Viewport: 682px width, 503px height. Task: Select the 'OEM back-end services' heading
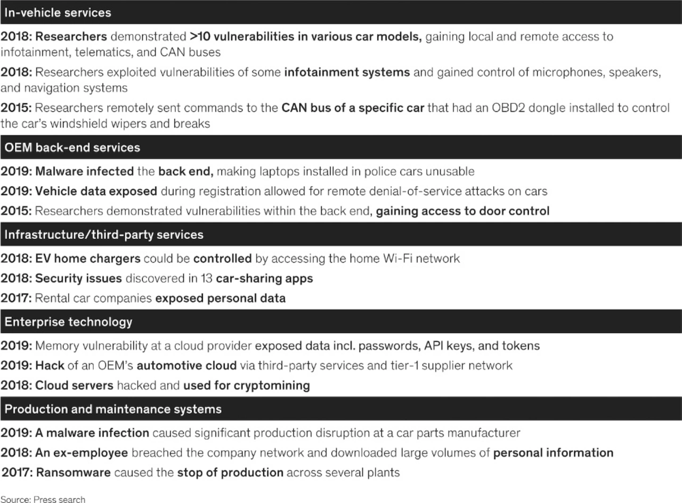pyautogui.click(x=72, y=147)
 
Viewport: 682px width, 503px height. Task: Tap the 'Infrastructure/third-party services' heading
pyautogui.click(x=104, y=234)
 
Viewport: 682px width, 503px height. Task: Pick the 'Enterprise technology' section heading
pyautogui.click(x=68, y=321)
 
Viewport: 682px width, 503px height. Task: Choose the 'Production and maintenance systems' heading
pyautogui.click(x=113, y=409)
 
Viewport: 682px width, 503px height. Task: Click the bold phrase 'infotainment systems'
pyautogui.click(x=347, y=72)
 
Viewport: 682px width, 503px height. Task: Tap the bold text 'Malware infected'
pyautogui.click(x=84, y=171)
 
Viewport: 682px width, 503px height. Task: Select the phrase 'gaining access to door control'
pyautogui.click(x=462, y=211)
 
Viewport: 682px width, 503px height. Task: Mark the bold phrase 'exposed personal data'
pyautogui.click(x=220, y=298)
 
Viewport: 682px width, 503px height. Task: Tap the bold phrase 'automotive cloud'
pyautogui.click(x=186, y=366)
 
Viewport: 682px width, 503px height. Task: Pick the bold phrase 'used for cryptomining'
pyautogui.click(x=246, y=385)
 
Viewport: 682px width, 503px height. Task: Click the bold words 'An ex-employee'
pyautogui.click(x=82, y=453)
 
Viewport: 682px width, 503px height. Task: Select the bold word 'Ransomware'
pyautogui.click(x=73, y=472)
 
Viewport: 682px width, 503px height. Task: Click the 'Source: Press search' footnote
pyautogui.click(x=43, y=499)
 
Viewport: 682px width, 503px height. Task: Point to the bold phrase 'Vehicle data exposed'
pyautogui.click(x=96, y=191)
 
